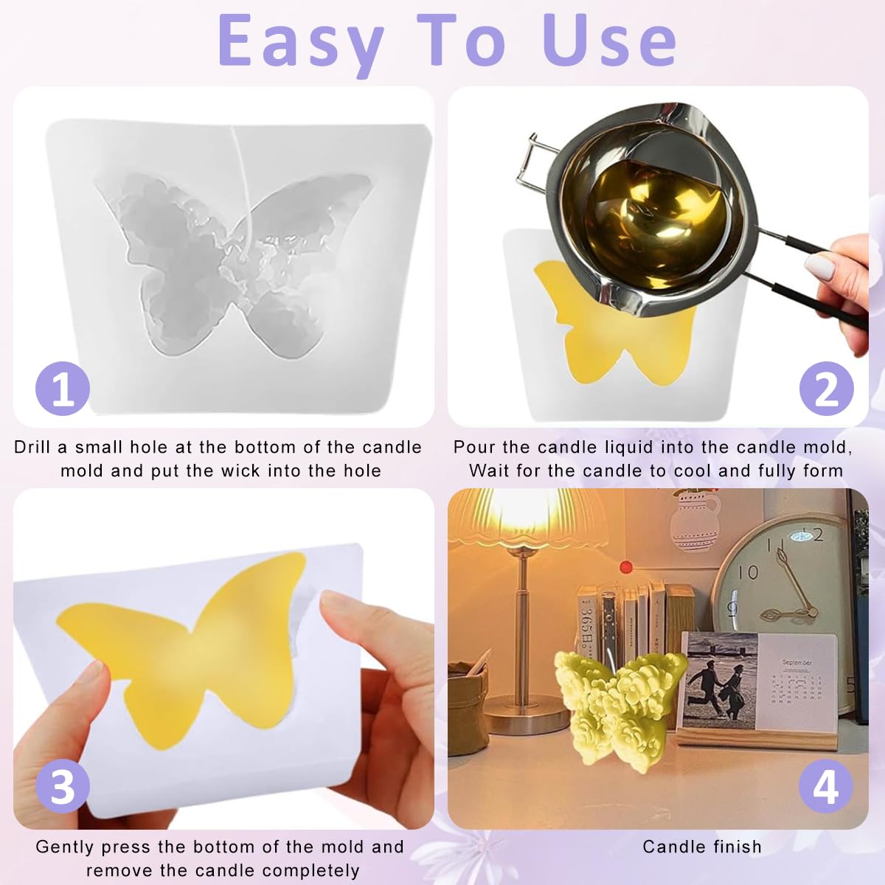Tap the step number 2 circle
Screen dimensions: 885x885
[827, 389]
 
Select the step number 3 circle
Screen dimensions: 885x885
[63, 786]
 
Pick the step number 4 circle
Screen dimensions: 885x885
[825, 786]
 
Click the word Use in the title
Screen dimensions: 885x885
[609, 41]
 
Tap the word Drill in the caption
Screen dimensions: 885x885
[32, 447]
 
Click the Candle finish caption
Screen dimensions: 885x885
[702, 847]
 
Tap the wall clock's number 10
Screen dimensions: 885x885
[748, 572]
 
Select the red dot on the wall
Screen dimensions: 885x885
[626, 567]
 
